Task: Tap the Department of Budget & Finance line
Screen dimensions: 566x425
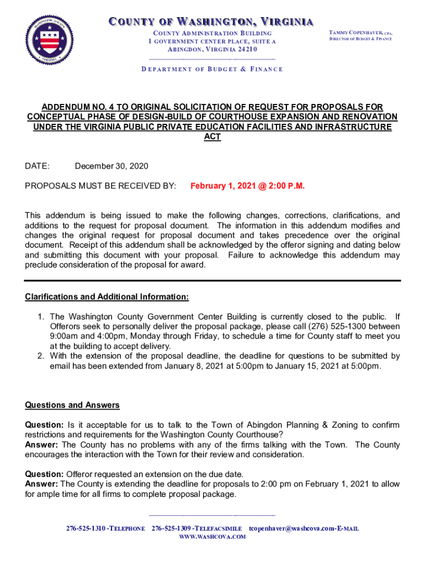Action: [x=212, y=69]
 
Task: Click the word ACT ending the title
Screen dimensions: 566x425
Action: [x=212, y=137]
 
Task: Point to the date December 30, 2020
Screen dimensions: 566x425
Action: [x=111, y=166]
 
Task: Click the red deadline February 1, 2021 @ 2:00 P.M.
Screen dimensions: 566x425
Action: [x=247, y=186]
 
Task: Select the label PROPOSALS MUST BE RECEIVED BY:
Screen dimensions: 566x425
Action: [x=100, y=186]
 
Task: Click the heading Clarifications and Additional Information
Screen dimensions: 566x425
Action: [x=107, y=297]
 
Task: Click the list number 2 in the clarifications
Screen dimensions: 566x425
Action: [x=40, y=356]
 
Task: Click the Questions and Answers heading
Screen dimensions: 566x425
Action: [x=72, y=405]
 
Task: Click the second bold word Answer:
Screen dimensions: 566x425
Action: [x=42, y=484]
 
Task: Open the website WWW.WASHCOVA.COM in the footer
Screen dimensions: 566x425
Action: [x=212, y=537]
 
